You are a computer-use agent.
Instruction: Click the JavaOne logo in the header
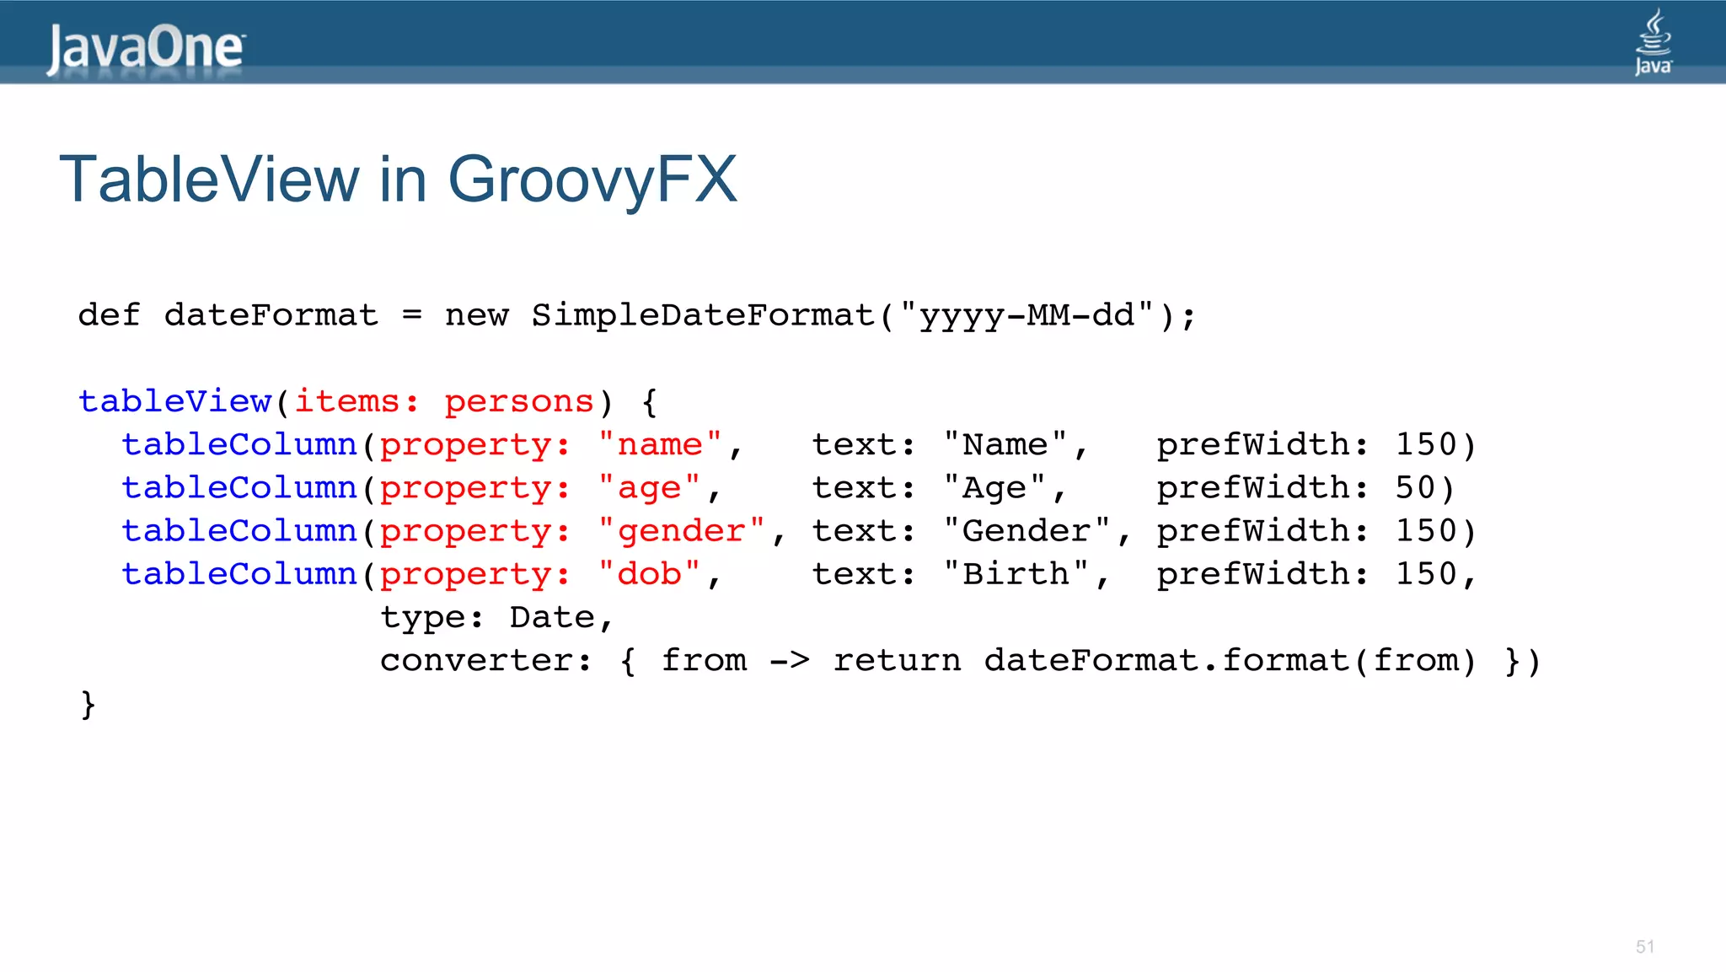click(145, 49)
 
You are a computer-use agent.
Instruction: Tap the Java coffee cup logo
click(1653, 42)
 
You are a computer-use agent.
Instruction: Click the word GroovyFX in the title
click(592, 180)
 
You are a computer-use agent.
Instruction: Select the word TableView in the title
click(209, 180)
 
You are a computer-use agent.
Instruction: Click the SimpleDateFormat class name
click(703, 315)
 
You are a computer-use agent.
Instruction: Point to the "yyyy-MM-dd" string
click(1026, 315)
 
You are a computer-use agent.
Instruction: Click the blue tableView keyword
click(175, 401)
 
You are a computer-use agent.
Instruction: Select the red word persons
click(519, 401)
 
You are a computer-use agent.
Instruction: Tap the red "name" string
click(660, 444)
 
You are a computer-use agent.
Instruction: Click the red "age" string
click(649, 488)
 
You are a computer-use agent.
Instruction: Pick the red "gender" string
click(681, 531)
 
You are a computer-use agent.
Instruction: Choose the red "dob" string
click(649, 574)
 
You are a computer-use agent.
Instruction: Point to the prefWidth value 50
click(1415, 488)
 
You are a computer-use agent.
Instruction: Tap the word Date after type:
click(552, 617)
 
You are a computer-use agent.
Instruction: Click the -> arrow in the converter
click(790, 660)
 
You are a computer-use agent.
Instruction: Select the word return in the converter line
click(897, 660)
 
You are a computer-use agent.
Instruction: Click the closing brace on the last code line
click(88, 704)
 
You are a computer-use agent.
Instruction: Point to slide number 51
click(1644, 947)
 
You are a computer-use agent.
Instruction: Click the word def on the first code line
click(109, 315)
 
